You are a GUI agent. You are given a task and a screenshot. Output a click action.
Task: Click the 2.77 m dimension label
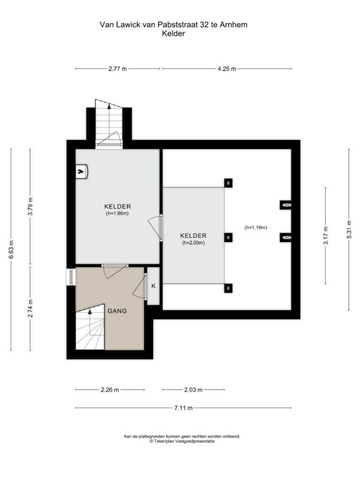point(117,69)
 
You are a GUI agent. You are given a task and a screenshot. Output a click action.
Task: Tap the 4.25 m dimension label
point(227,69)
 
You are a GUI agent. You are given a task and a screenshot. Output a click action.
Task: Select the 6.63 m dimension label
point(11,249)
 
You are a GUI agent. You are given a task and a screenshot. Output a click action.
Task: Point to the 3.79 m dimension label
point(30,206)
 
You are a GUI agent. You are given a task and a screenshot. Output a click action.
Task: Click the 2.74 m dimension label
point(30,308)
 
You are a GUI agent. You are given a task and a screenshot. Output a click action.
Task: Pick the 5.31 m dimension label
point(349,230)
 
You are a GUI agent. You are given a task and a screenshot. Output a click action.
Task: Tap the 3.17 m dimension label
point(326,235)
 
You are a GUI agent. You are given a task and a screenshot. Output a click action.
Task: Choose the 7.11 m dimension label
point(183,408)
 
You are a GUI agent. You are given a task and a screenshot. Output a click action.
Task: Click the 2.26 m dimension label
point(110,390)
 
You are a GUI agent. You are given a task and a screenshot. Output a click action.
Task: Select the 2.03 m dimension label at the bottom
point(193,390)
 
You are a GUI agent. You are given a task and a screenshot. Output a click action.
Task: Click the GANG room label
point(117,311)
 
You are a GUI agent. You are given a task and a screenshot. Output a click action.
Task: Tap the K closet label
point(154,286)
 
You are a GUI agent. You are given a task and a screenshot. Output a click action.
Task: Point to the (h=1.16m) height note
point(256,227)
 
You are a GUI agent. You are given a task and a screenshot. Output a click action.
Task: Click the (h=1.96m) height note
point(117,214)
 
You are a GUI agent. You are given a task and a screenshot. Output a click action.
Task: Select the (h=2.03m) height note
point(193,243)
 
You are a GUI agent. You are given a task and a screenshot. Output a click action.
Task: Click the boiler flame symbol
point(81,172)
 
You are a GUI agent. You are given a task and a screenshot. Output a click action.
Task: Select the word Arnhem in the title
point(233,25)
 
